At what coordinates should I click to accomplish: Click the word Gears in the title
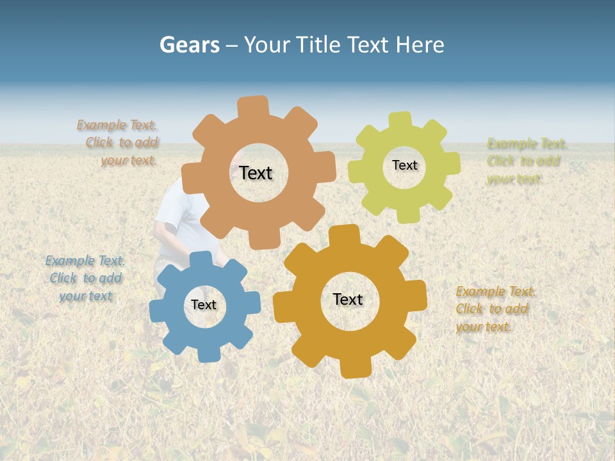(x=189, y=45)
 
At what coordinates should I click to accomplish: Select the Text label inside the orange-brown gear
(x=256, y=173)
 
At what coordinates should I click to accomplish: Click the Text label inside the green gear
(x=404, y=165)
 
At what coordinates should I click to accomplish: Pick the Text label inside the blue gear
(x=204, y=305)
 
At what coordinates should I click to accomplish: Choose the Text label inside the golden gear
(x=348, y=299)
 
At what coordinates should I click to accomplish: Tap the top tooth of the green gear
(x=400, y=121)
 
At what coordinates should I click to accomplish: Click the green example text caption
(x=527, y=161)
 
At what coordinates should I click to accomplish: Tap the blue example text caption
(x=85, y=279)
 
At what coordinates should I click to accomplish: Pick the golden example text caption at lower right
(x=495, y=309)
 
